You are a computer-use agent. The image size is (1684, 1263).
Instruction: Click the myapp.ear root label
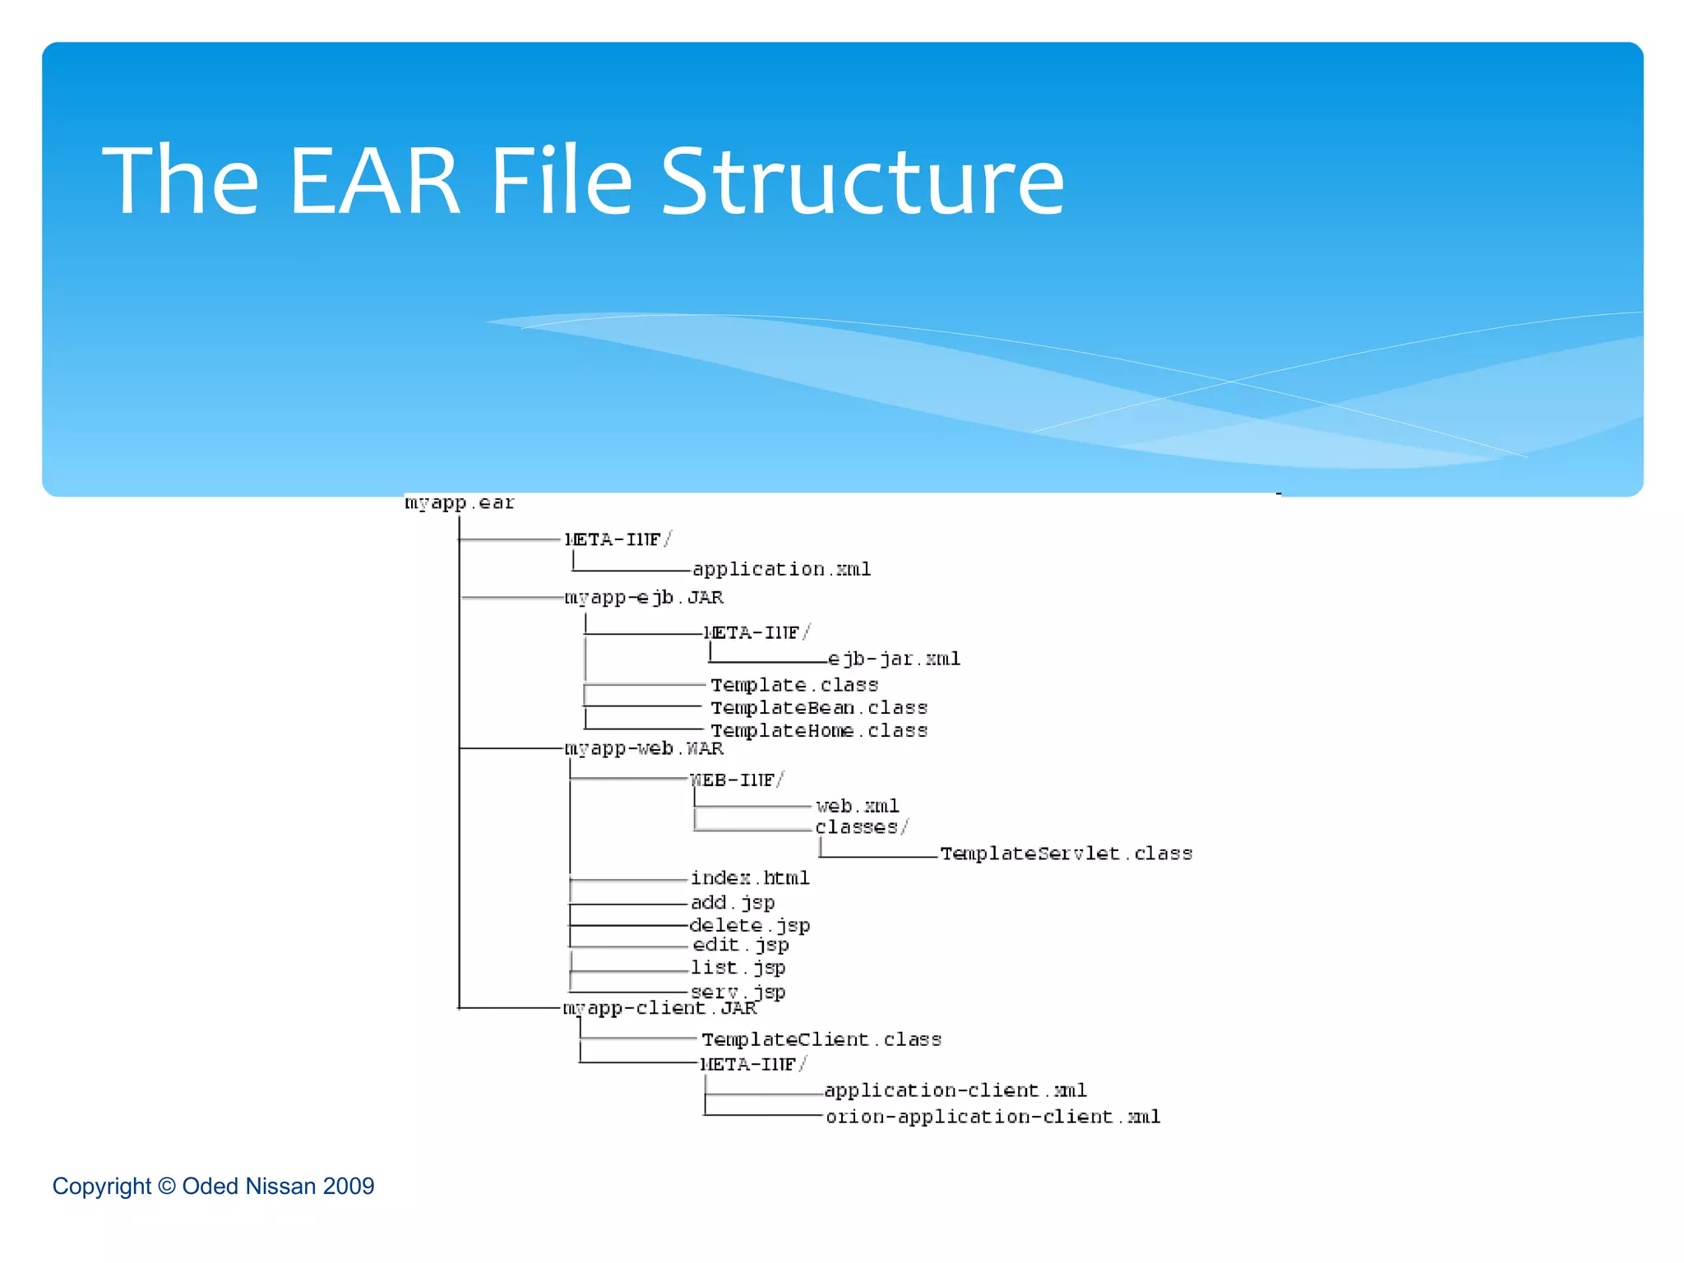tap(459, 502)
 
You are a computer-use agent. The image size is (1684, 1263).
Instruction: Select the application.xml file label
tap(781, 569)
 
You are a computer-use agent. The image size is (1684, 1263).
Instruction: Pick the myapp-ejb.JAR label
tap(644, 598)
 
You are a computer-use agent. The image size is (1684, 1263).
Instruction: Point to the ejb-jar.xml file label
tap(894, 659)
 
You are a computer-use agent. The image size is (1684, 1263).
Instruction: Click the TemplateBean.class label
tap(819, 708)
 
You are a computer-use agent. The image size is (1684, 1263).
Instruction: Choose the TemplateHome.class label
tap(819, 730)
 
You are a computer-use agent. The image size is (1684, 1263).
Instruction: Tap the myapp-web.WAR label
tap(644, 748)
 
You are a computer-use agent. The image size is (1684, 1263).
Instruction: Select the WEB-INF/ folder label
tap(737, 780)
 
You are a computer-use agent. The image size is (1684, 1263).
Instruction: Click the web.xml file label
tap(858, 806)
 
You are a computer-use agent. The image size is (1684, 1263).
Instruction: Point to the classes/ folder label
tap(862, 827)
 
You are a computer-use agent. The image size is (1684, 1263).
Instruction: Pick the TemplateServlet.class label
tap(1066, 854)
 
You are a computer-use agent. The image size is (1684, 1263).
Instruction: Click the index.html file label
tap(750, 878)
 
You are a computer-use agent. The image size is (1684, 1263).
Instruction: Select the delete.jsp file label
tap(750, 925)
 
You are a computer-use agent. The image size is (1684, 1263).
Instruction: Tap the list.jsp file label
tap(738, 968)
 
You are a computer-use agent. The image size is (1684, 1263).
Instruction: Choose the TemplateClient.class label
tap(821, 1039)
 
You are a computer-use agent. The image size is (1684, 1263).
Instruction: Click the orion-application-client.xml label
tap(992, 1117)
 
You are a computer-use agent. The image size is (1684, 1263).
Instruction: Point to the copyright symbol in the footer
tap(167, 1187)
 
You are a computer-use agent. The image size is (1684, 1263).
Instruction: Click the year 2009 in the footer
tap(349, 1187)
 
